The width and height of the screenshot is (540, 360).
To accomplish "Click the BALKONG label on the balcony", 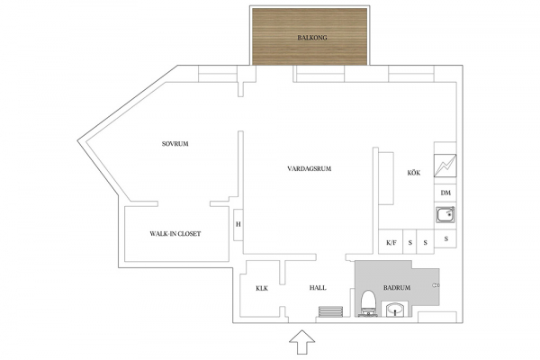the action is (312, 38).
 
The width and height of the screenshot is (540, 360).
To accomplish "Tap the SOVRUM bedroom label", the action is (175, 144).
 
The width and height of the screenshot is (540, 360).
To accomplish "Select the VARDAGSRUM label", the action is (309, 168).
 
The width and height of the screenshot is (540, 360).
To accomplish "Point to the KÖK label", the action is (414, 173).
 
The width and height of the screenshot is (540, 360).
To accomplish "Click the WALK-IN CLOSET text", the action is (175, 234).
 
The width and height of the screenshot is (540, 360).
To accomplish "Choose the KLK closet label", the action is (262, 288).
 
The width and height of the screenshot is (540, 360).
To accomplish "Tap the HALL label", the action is (318, 288).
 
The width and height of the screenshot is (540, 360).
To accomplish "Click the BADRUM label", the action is (397, 288).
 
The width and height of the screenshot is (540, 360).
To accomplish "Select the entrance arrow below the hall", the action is (301, 342).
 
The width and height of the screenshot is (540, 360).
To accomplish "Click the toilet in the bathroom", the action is (368, 303).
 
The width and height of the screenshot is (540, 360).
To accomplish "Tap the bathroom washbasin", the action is (395, 309).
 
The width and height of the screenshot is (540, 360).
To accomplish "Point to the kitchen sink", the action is (445, 214).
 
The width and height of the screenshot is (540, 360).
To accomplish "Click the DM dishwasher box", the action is (445, 193).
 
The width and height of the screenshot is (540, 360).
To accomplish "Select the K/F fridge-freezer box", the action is (391, 242).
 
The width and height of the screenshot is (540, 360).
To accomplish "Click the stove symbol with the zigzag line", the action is (445, 166).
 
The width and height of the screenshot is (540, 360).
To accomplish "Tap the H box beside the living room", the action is (238, 225).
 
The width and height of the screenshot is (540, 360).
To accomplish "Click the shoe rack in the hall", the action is (330, 311).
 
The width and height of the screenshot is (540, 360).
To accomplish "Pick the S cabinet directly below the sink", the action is (445, 238).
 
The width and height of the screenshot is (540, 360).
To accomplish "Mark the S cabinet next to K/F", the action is (409, 242).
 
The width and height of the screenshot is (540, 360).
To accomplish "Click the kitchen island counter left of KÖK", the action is (386, 178).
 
